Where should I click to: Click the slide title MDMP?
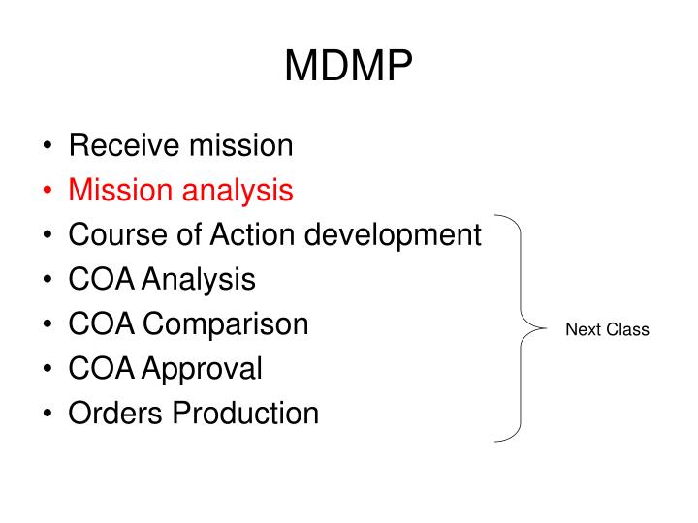click(349, 67)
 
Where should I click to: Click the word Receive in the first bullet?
click(123, 145)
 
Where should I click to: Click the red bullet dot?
click(48, 191)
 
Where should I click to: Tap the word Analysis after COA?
click(200, 281)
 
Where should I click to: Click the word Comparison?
click(226, 325)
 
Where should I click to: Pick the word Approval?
click(203, 370)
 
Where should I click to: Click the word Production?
click(246, 413)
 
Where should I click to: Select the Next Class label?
click(607, 330)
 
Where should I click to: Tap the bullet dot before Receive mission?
click(48, 146)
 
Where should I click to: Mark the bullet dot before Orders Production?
click(48, 414)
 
